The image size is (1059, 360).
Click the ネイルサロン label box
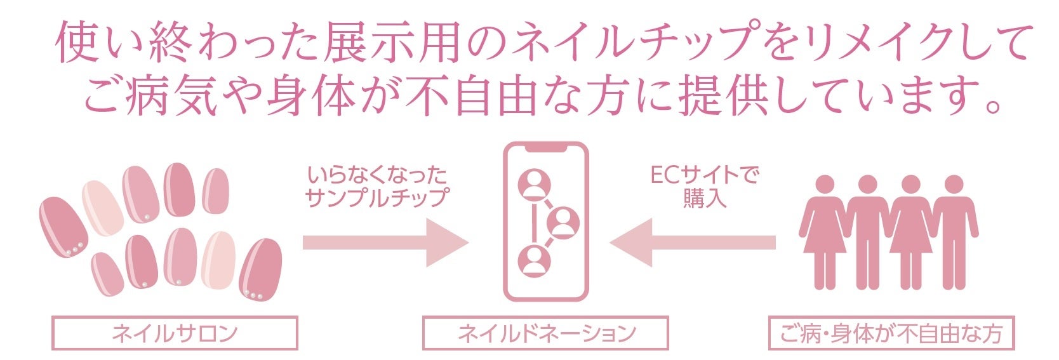[x=175, y=333]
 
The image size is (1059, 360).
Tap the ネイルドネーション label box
[x=545, y=333]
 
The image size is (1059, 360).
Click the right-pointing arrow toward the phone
[x=385, y=243]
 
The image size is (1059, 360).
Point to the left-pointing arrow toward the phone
[x=692, y=243]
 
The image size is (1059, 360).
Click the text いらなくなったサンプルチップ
[x=377, y=186]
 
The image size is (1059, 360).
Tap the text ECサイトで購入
[x=704, y=186]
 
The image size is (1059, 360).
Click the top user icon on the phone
[x=534, y=185]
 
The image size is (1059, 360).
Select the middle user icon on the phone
[x=563, y=222]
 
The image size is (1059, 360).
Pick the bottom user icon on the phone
[x=534, y=261]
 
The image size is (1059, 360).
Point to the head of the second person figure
[x=867, y=185]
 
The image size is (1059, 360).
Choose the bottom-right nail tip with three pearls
[x=260, y=270]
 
